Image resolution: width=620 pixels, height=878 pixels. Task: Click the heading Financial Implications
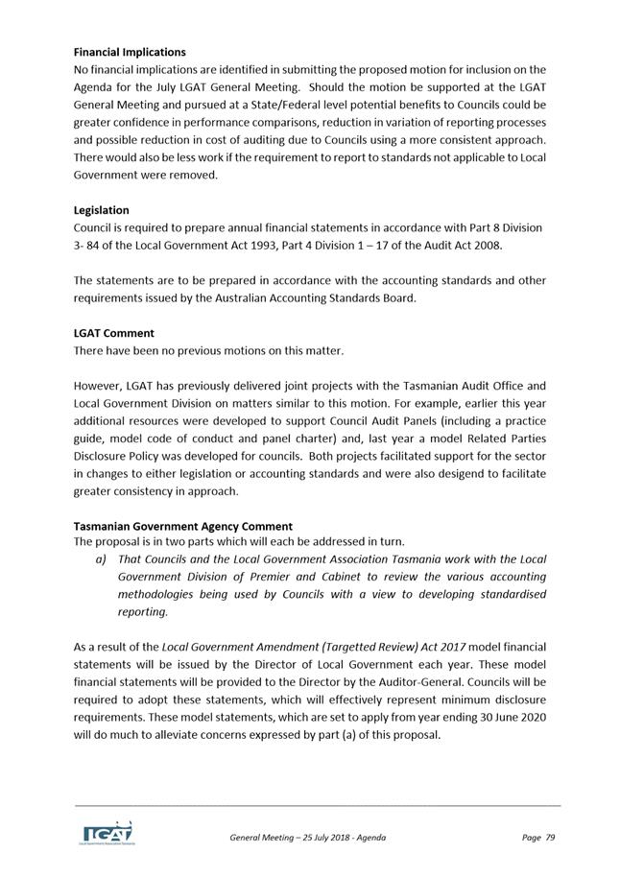coord(130,52)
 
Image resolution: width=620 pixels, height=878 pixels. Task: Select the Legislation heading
coord(101,209)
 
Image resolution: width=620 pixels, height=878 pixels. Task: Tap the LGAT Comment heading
coord(113,333)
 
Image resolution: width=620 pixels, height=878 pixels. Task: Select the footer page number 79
coord(550,838)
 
